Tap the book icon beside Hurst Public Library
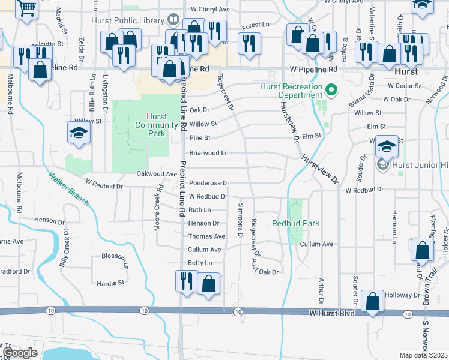[x=173, y=20]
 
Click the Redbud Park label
[x=295, y=223]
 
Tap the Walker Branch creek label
[x=69, y=189]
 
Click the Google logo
[x=20, y=353]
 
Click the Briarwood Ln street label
[x=209, y=153]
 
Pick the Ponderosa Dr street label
[x=209, y=183]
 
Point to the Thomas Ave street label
[x=206, y=236]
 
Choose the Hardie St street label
[x=112, y=281]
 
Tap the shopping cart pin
[x=27, y=9]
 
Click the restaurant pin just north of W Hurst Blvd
[x=186, y=281]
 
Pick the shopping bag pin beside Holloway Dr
[x=373, y=301]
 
